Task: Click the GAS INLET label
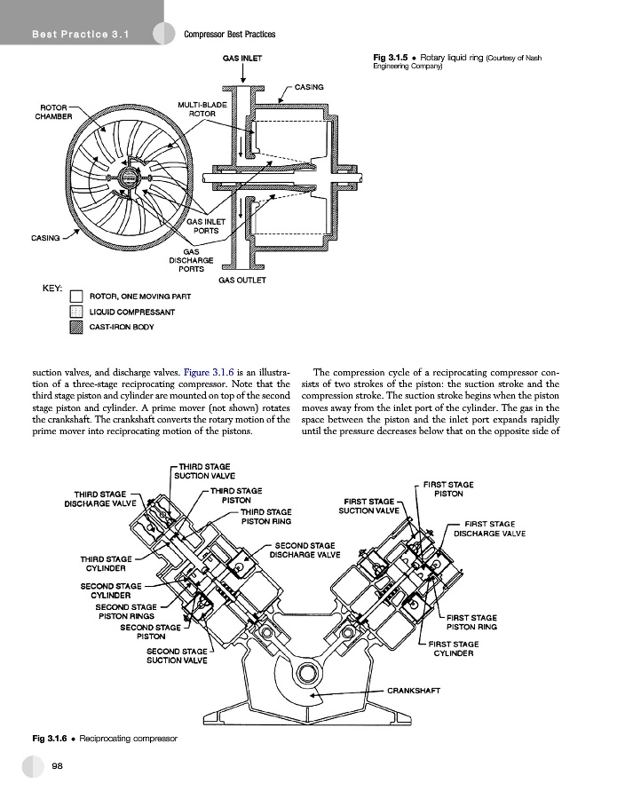pos(241,59)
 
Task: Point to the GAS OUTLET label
pos(241,281)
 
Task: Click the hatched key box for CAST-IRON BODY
pos(76,327)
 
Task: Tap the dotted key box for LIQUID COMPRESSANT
pos(76,312)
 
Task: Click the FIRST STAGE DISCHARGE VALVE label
pos(489,529)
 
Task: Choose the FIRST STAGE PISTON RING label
pos(471,621)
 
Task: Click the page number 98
pos(57,765)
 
